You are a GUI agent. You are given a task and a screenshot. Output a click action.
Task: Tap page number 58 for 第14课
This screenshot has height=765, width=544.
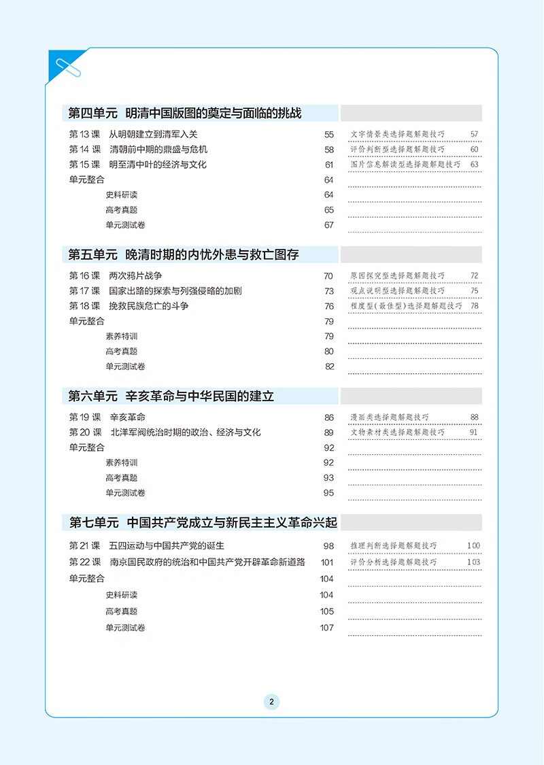pos(329,150)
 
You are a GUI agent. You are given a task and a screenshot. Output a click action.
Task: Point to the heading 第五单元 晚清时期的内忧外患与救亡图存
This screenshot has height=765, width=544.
pos(184,255)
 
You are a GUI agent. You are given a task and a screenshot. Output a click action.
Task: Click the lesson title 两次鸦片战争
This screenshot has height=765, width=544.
pos(136,276)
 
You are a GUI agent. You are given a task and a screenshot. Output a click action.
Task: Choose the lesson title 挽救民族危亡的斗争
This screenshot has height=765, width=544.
pos(149,306)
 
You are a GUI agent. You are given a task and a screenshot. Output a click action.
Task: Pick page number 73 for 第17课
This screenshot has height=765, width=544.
pos(329,291)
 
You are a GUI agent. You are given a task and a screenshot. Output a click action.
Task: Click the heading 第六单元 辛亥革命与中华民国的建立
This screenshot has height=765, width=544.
pos(171,396)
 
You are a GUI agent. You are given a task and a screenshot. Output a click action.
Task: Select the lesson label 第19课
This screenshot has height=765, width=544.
pos(84,418)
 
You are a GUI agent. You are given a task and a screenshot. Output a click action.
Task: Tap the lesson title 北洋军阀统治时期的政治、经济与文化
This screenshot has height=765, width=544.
pos(185,432)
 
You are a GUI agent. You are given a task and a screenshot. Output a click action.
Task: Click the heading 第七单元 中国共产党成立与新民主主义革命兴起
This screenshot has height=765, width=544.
pos(203,523)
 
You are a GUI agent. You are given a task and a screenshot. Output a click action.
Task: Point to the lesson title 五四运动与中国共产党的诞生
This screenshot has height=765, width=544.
pos(167,545)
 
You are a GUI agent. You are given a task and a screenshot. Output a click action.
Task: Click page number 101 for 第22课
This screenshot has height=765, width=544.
pos(327,562)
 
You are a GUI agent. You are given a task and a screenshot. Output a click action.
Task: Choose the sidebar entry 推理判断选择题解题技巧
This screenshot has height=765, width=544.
pos(394,545)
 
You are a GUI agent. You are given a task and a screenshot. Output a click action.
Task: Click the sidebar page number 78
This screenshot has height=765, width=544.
pos(475,306)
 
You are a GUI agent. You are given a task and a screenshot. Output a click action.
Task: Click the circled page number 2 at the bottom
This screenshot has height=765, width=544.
pos(271,702)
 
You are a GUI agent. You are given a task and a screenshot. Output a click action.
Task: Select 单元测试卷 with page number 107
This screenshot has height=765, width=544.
pos(126,628)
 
